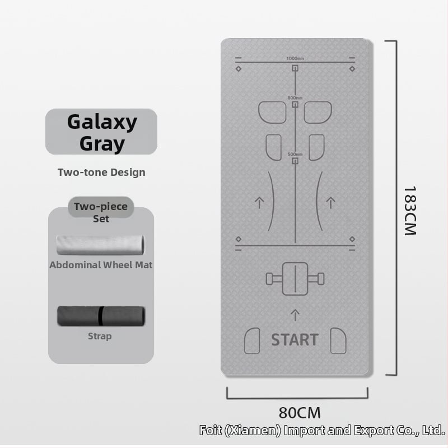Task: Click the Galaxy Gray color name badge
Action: click(x=101, y=132)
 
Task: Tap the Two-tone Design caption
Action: click(x=101, y=172)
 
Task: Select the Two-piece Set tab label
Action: click(x=101, y=212)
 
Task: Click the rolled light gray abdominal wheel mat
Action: click(x=101, y=245)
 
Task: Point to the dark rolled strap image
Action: click(x=101, y=316)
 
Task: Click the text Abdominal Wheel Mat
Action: click(x=101, y=265)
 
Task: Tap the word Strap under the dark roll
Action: click(x=100, y=336)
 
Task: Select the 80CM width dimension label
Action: click(x=300, y=413)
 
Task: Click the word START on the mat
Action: click(x=295, y=339)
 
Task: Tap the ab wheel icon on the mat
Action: click(x=295, y=278)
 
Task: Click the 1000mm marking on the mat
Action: click(x=295, y=59)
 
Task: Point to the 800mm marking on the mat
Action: click(x=295, y=98)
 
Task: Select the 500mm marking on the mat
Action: click(x=295, y=155)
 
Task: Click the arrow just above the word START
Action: click(x=295, y=314)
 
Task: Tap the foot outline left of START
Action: click(x=253, y=341)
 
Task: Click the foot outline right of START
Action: click(x=338, y=341)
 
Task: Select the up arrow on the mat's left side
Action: click(x=259, y=202)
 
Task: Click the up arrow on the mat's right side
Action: click(x=331, y=202)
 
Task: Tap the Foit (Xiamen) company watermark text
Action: click(x=322, y=430)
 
